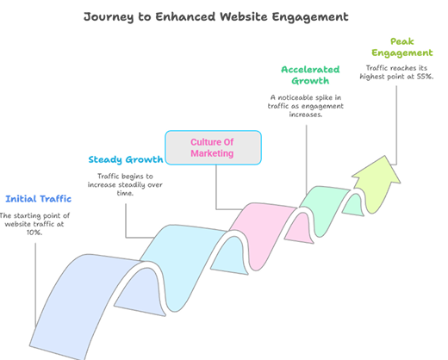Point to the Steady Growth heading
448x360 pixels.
[126, 159]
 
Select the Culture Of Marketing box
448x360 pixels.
[213, 147]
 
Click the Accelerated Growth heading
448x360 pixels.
[310, 76]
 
